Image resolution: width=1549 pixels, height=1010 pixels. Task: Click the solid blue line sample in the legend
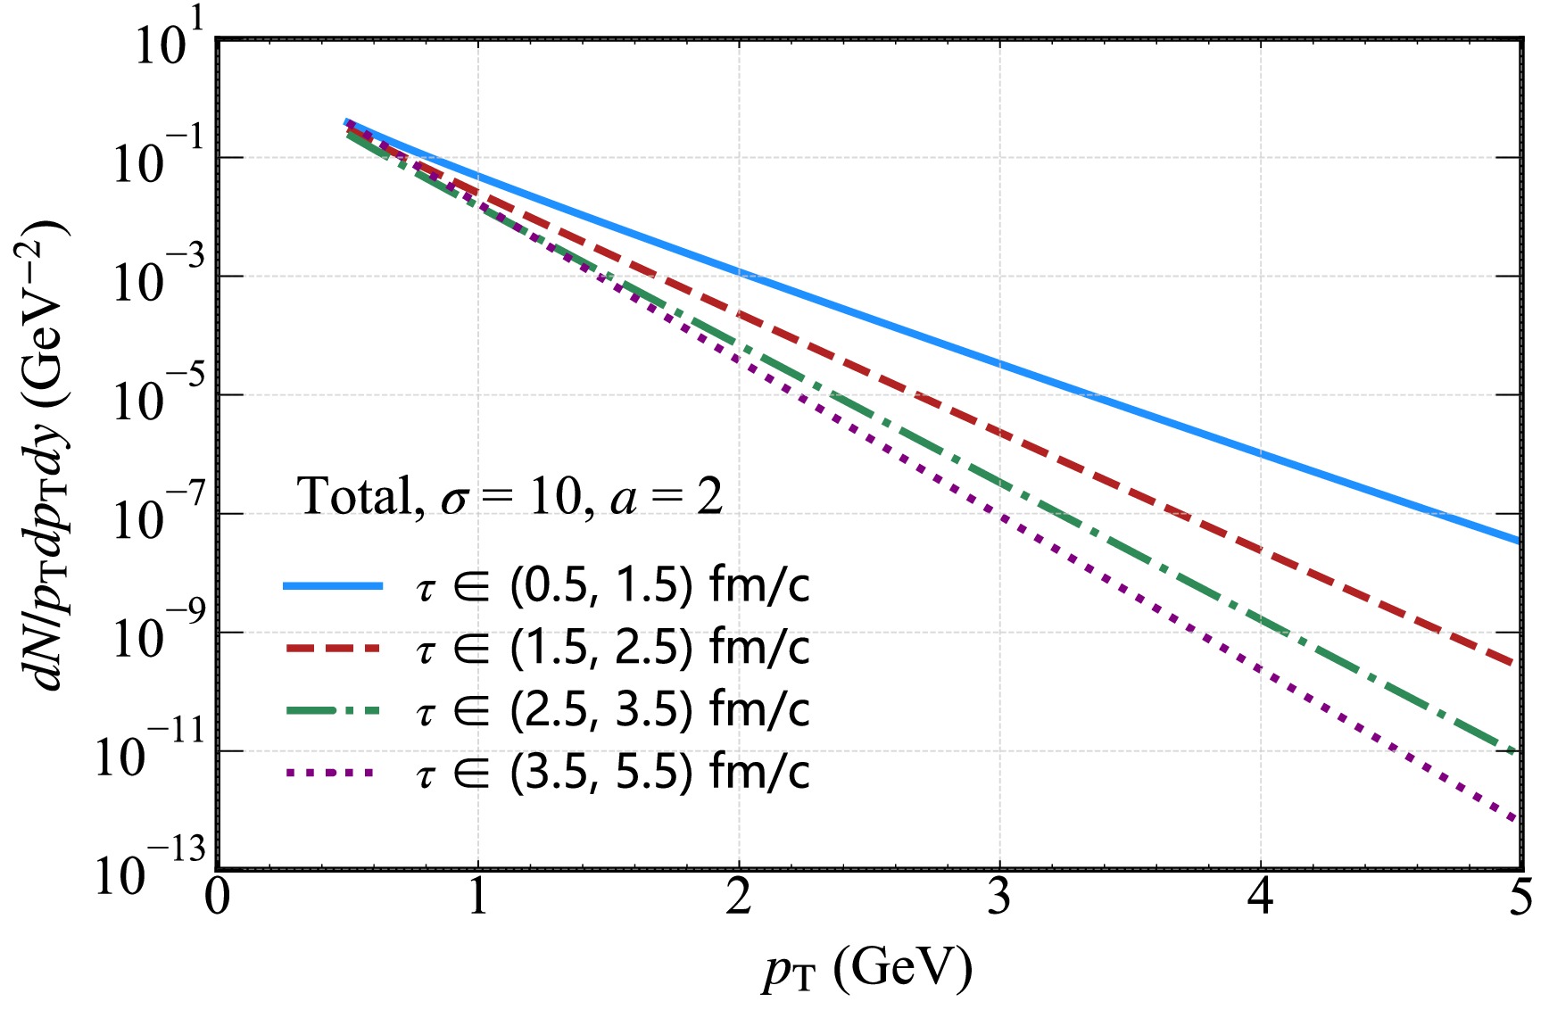pos(332,586)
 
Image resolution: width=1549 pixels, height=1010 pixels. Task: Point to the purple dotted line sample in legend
pos(332,774)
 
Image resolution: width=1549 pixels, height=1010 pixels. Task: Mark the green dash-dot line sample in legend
pos(332,711)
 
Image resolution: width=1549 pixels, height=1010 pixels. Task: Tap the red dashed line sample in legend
pos(332,649)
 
